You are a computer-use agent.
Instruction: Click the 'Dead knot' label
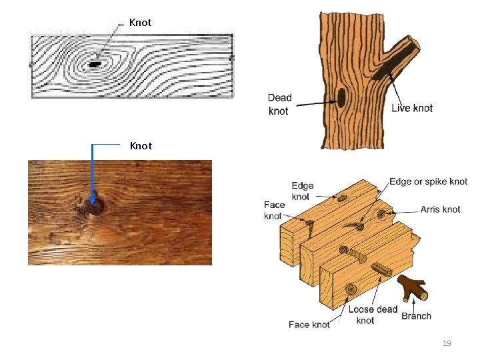[x=280, y=104]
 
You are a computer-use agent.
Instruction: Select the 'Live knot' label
[x=412, y=108]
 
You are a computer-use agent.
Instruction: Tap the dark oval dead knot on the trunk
[x=341, y=99]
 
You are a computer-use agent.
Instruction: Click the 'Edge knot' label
[x=302, y=191]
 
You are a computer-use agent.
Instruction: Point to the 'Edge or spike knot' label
[x=428, y=181]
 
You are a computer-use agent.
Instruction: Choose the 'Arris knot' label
[x=440, y=209]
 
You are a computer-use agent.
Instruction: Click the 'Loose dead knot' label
[x=373, y=315]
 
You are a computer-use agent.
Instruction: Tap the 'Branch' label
[x=417, y=316]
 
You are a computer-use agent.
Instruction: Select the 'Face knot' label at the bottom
[x=309, y=325]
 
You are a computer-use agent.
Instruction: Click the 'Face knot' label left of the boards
[x=274, y=210]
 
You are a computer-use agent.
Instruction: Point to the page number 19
[x=447, y=343]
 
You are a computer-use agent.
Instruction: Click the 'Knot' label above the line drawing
[x=140, y=23]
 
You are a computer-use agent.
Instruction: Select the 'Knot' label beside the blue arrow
[x=140, y=145]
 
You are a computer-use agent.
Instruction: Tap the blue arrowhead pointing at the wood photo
[x=93, y=199]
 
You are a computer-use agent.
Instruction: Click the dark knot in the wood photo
[x=95, y=207]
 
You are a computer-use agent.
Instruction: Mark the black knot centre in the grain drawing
[x=95, y=64]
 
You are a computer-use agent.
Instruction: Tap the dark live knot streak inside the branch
[x=390, y=63]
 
